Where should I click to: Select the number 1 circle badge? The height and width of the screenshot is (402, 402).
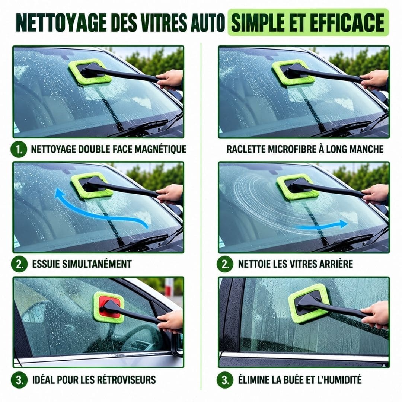pyautogui.click(x=19, y=149)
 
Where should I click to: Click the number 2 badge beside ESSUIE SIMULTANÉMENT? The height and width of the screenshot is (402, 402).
pyautogui.click(x=19, y=264)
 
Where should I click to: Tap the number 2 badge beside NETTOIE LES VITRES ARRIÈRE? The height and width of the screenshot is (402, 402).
pyautogui.click(x=225, y=264)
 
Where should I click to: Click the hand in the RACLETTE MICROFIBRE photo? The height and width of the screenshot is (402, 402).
pyautogui.click(x=374, y=80)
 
